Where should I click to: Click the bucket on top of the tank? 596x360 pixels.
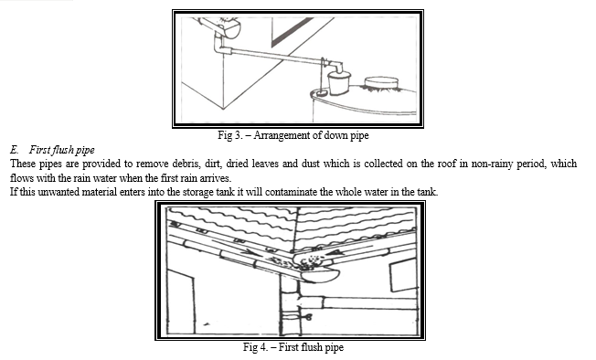pos(338,83)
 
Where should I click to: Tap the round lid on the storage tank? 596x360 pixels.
pos(381,83)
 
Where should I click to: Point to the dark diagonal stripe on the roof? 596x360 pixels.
pos(293,32)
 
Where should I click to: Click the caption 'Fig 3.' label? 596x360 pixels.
pos(230,135)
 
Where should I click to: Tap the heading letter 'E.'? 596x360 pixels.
pos(15,150)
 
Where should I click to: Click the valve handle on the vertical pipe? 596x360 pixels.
pos(306,315)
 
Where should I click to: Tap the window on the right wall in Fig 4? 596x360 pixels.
pos(403,275)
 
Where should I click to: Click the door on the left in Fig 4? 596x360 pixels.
pos(181,302)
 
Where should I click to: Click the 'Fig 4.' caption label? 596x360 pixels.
pos(255,347)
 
